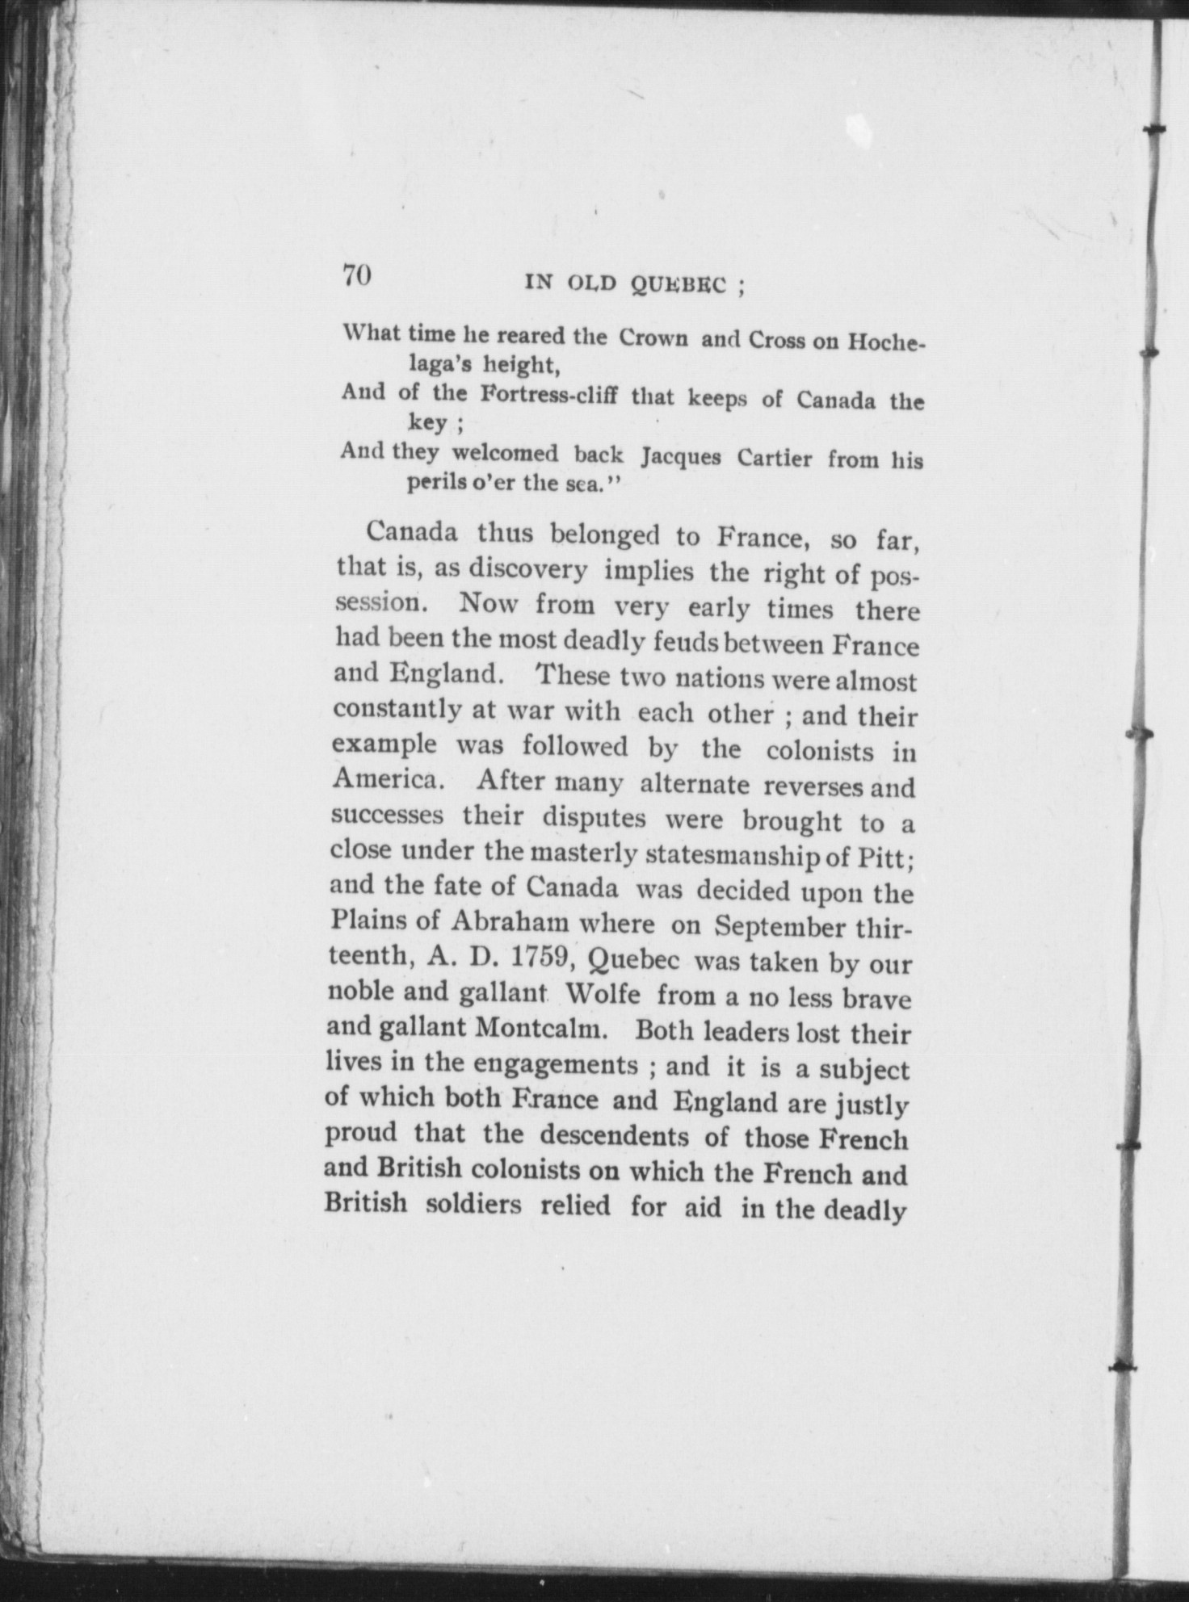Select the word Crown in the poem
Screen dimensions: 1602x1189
click(653, 338)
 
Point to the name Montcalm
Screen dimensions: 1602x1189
click(544, 1029)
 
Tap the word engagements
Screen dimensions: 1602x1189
click(557, 1064)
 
